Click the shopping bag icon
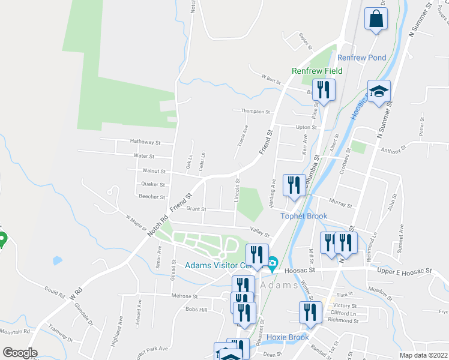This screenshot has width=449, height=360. coord(376,19)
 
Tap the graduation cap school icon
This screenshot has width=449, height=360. coord(379,92)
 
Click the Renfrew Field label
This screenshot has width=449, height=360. coord(317,71)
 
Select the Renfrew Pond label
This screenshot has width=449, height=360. coord(361,58)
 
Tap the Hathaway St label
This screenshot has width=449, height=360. coord(146,142)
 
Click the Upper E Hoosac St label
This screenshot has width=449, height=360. coord(405,271)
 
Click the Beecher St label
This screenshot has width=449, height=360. coord(152,197)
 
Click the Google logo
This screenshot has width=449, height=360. coord(20,352)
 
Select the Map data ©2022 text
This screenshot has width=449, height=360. coord(423,355)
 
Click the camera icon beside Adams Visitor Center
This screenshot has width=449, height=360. coord(272,262)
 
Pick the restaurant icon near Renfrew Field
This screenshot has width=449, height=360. coord(324,91)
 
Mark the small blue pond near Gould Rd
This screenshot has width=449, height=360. coord(57,261)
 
